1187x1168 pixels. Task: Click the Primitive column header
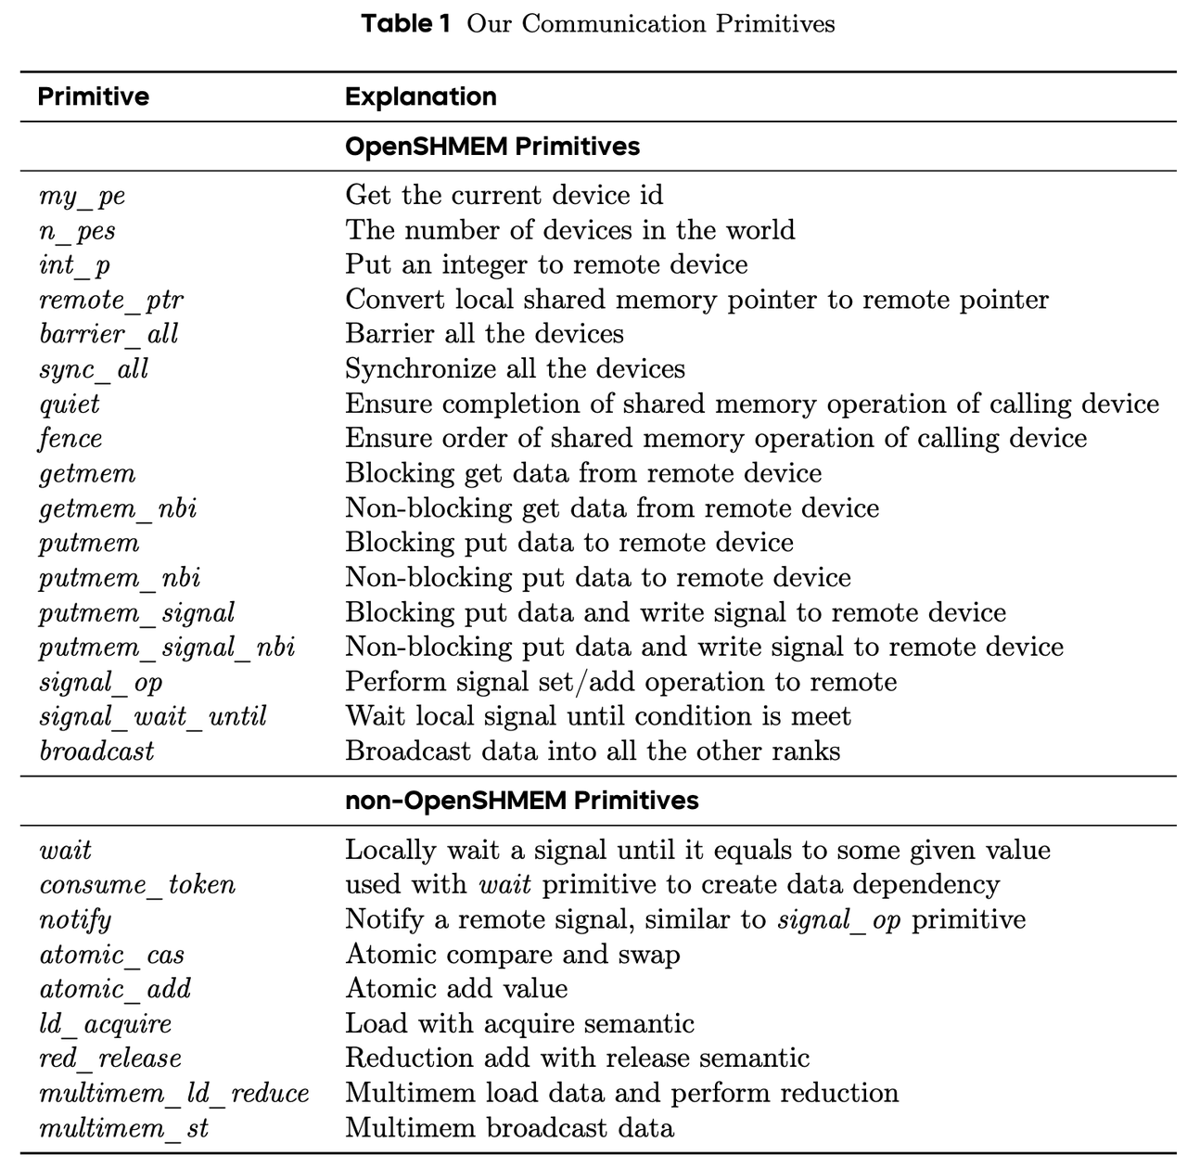point(94,96)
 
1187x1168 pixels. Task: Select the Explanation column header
point(420,96)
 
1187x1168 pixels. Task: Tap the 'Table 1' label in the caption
point(406,23)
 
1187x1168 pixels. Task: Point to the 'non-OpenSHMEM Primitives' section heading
point(521,800)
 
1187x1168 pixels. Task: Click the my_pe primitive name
point(83,196)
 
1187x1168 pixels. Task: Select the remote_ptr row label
point(111,301)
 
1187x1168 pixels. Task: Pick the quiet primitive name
point(70,404)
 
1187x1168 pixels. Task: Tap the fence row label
point(70,439)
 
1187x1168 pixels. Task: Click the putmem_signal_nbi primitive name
point(167,647)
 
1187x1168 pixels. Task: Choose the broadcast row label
point(96,751)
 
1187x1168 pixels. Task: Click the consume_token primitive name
point(137,885)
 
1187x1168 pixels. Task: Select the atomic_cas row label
point(111,955)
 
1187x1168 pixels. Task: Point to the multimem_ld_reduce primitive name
point(173,1094)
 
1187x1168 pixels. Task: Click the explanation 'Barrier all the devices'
point(484,334)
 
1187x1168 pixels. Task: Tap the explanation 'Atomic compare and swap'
point(512,955)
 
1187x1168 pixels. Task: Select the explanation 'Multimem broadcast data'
point(509,1128)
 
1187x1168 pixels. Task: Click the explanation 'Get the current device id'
point(504,195)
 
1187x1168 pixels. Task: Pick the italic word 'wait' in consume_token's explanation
point(504,885)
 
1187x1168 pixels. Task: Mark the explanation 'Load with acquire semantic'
point(519,1023)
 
